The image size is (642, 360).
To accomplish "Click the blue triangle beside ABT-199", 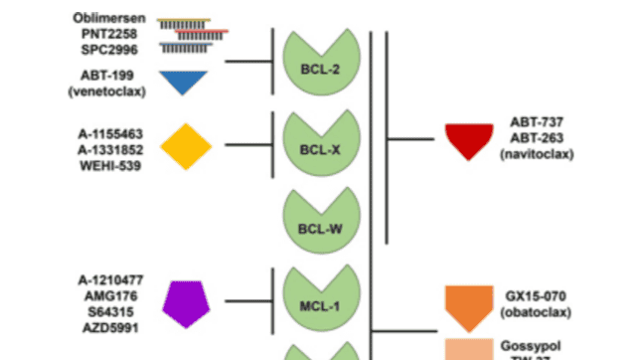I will coord(182,83).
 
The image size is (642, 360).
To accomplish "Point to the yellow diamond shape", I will coord(187,146).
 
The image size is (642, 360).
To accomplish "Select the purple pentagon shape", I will coord(187,302).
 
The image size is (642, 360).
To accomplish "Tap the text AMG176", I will coord(108,295).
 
